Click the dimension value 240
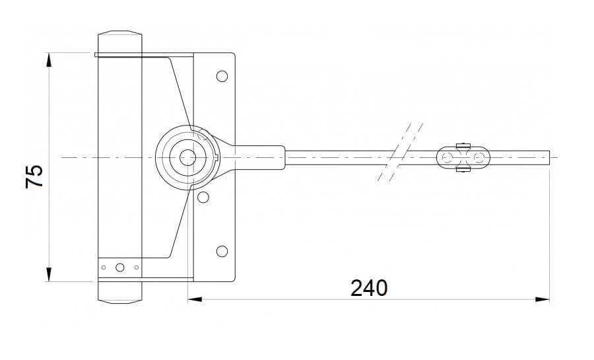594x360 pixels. pyautogui.click(x=369, y=288)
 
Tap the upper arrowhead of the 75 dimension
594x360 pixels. pyautogui.click(x=49, y=59)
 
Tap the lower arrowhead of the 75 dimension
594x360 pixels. pyautogui.click(x=49, y=275)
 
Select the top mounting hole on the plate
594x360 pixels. pyautogui.click(x=222, y=76)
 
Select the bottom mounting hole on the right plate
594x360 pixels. pyautogui.click(x=222, y=251)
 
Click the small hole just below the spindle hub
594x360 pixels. pyautogui.click(x=203, y=197)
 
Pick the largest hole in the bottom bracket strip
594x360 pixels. pyautogui.click(x=119, y=268)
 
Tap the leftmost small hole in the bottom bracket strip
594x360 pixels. pyautogui.click(x=103, y=268)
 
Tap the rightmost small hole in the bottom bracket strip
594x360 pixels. pyautogui.click(x=136, y=268)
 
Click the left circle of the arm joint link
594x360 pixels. pyautogui.click(x=449, y=157)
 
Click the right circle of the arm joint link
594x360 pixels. pyautogui.click(x=478, y=157)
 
